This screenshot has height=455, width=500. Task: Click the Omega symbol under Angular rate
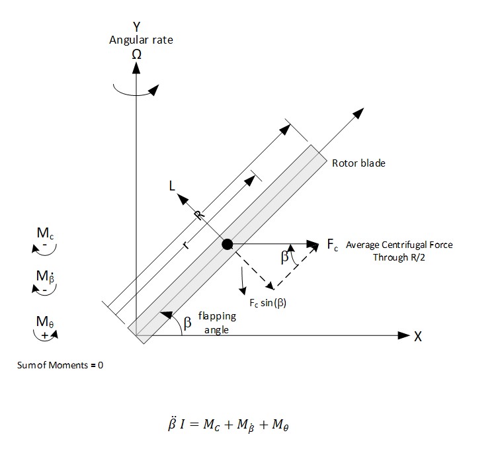tap(136, 55)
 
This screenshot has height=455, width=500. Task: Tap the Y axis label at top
tap(136, 27)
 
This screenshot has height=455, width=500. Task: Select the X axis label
tap(418, 337)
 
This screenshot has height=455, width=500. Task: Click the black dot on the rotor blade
tap(227, 244)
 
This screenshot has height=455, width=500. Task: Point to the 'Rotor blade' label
tap(358, 163)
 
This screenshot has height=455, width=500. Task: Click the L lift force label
tap(173, 187)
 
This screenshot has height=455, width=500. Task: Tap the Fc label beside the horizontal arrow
tap(333, 245)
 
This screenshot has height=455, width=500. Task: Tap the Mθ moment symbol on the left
tap(45, 322)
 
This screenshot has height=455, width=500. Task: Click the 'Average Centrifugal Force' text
tap(399, 245)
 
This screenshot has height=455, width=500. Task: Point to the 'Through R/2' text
tap(399, 257)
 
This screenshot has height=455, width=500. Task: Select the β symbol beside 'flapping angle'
tap(187, 322)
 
